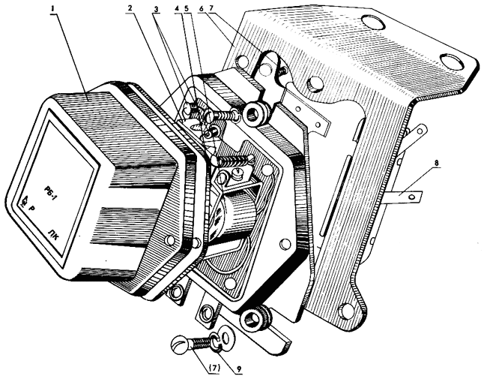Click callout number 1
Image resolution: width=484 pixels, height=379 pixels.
pos(53,8)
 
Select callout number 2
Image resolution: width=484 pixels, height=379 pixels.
pos(130,8)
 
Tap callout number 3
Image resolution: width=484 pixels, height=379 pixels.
pos(156,9)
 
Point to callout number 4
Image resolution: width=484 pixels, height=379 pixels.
pos(177,8)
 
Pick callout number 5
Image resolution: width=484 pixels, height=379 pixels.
pos(186,8)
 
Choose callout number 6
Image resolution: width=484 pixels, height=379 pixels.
pos(201,8)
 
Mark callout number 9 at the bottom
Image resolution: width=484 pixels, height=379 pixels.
pos(239,368)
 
